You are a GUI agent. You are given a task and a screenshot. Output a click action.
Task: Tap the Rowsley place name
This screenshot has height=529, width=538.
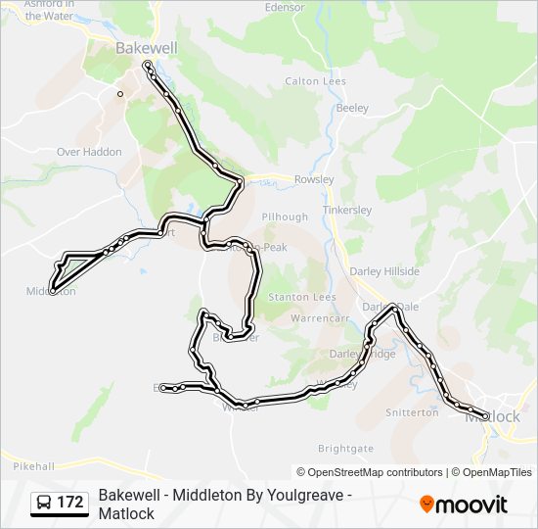pyautogui.click(x=314, y=179)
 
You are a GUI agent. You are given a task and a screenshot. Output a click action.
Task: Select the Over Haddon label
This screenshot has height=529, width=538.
pyautogui.click(x=89, y=152)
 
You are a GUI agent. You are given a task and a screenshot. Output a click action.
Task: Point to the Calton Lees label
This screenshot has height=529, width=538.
pyautogui.click(x=315, y=81)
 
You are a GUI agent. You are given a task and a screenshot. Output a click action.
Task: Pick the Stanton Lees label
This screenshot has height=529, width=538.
pyautogui.click(x=302, y=297)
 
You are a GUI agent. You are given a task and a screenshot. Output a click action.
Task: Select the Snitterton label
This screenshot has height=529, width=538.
pyautogui.click(x=412, y=412)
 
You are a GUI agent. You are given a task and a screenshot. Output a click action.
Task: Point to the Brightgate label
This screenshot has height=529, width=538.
pyautogui.click(x=345, y=448)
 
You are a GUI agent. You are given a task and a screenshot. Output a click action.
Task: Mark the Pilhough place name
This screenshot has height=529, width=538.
pyautogui.click(x=285, y=216)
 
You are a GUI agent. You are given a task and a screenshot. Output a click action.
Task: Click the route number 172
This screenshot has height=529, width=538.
pyautogui.click(x=69, y=503)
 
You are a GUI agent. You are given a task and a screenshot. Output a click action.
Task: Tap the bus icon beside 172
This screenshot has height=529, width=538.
pyautogui.click(x=44, y=503)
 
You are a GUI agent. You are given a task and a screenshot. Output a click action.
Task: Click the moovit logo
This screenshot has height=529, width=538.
pyautogui.click(x=464, y=504)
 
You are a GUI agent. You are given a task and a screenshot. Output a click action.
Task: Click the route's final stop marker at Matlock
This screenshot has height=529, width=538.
pyautogui.click(x=485, y=416)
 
